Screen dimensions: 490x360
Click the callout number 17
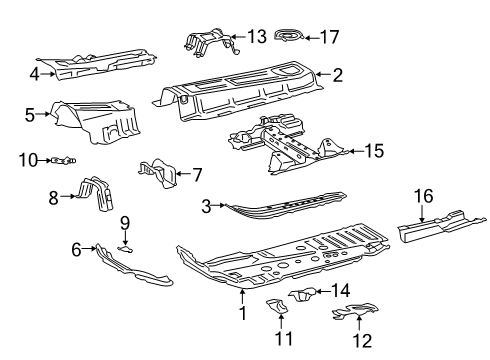(330, 37)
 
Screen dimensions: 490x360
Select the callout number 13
(257, 36)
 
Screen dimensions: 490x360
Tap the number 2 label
(338, 75)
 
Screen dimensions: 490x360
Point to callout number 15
(374, 151)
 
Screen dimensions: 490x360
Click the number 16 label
(423, 196)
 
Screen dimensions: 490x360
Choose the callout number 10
(28, 160)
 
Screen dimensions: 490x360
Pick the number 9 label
(125, 223)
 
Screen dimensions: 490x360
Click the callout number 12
(362, 341)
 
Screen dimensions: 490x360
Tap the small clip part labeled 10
(63, 161)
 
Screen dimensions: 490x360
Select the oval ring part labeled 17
(289, 35)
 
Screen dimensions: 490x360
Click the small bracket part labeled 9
(126, 249)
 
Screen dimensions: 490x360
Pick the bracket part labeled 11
(277, 306)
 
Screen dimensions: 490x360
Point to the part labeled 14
(302, 294)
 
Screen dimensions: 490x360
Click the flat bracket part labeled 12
(355, 311)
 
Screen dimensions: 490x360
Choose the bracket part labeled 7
(157, 172)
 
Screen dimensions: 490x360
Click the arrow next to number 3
(219, 206)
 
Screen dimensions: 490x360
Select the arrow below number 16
(422, 214)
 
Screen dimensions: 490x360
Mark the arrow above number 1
(243, 296)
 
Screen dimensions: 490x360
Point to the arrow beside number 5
(42, 114)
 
